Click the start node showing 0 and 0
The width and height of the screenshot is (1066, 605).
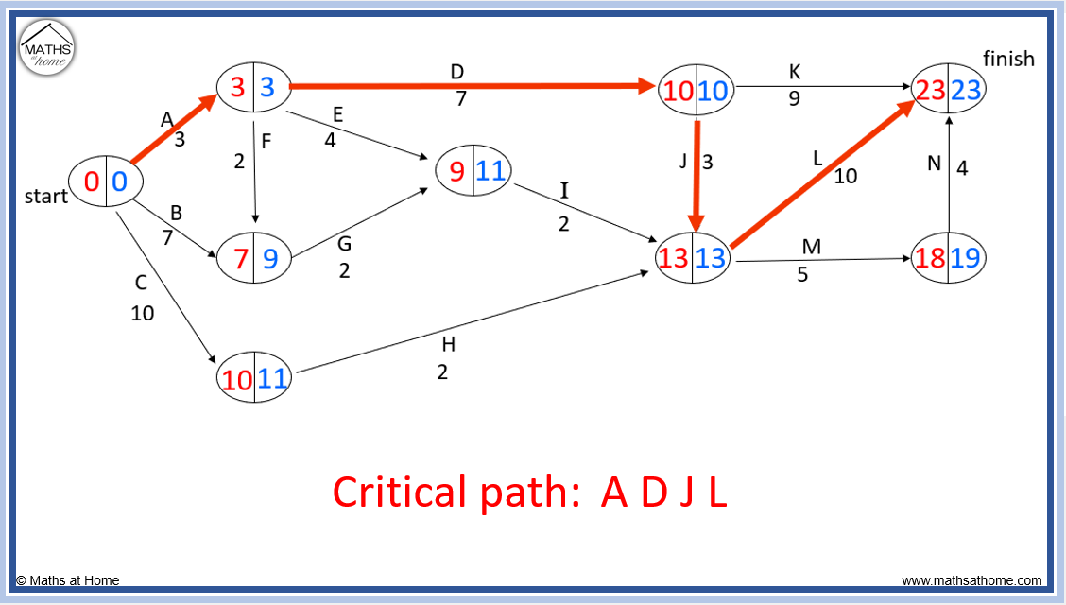coord(106,181)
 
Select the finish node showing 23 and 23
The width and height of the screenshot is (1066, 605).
coord(949,89)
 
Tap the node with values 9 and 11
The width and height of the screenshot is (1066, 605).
coord(473,170)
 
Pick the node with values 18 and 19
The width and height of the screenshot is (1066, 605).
coord(949,258)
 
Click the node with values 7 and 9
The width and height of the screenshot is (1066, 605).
coord(253,258)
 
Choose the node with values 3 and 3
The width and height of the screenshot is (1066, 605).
coord(253,86)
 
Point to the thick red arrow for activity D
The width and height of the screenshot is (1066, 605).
coord(473,86)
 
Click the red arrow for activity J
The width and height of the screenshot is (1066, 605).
coord(696,177)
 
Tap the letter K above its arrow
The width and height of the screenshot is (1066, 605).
coord(795,72)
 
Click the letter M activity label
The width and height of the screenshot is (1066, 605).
coord(812,246)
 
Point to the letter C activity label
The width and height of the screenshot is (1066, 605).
coord(141,282)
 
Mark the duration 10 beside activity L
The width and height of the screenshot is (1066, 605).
coord(846,176)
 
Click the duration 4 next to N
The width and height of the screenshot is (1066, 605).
coord(962,167)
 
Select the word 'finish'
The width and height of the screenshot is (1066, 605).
coord(1009,59)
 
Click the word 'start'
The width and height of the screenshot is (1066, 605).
coord(46,196)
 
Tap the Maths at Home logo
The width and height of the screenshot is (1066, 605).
coord(47,47)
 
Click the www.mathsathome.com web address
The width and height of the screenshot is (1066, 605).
coord(971,580)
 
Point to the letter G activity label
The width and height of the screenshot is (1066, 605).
coord(345,243)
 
